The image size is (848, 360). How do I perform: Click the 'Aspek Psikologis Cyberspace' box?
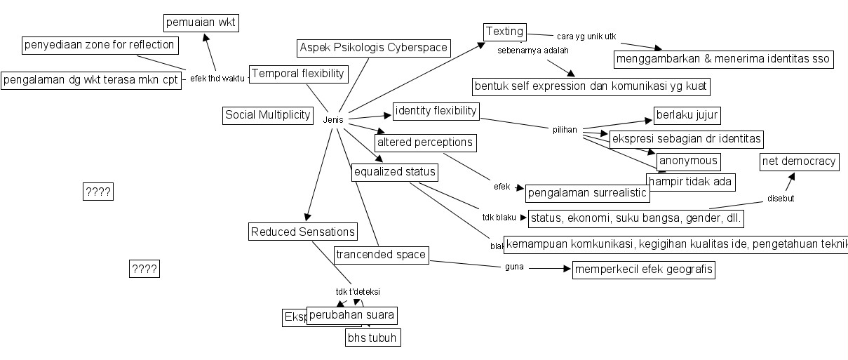pos(373,48)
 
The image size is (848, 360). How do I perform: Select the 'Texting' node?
pos(504,32)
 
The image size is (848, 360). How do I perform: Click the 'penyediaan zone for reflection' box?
pos(98,46)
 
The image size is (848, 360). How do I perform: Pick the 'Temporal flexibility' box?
pos(298,74)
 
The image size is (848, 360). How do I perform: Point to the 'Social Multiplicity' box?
pos(267,115)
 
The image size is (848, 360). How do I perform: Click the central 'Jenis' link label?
pos(333,120)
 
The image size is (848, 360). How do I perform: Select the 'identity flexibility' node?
pos(436,111)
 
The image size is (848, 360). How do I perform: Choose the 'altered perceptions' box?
pos(425,142)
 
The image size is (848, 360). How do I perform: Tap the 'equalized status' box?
pos(395,172)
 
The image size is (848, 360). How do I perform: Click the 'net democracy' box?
pos(799,162)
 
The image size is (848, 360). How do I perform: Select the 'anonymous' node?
pos(689,161)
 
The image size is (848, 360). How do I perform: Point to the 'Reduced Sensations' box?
pos(303,232)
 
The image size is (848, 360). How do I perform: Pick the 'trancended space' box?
pos(380,255)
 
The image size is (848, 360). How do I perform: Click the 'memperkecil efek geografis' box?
pos(643,269)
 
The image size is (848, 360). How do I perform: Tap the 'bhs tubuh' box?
pos(372,338)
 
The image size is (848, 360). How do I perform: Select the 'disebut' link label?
pos(780,198)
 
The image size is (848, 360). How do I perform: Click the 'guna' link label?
pos(513,267)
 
